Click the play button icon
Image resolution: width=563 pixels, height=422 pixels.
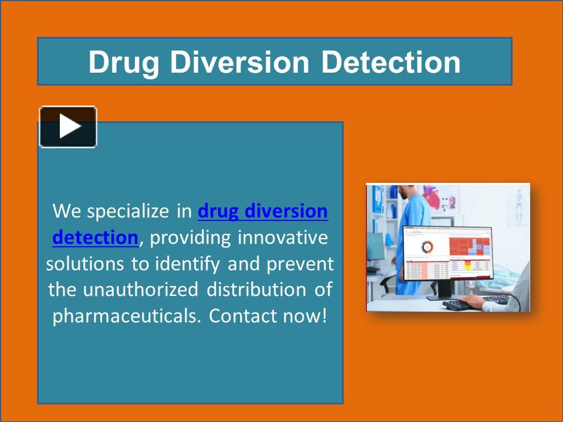pyautogui.click(x=68, y=127)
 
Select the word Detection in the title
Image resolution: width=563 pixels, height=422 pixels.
pyautogui.click(x=391, y=62)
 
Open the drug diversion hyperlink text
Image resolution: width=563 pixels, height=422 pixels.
pyautogui.click(x=263, y=211)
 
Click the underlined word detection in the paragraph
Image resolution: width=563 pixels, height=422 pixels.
pyautogui.click(x=94, y=237)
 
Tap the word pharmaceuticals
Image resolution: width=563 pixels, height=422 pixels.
pyautogui.click(x=127, y=316)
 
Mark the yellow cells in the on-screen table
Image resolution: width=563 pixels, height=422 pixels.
pyautogui.click(x=467, y=267)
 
